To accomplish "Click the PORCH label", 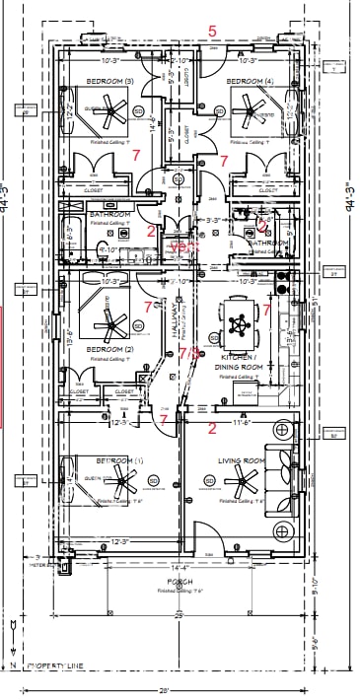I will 180,582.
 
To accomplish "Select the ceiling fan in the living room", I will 241,483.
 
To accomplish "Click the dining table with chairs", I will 238,318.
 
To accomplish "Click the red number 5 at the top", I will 212,32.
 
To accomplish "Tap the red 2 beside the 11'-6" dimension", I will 212,428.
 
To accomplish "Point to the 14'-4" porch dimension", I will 180,567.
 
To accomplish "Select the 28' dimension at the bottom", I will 179,690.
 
